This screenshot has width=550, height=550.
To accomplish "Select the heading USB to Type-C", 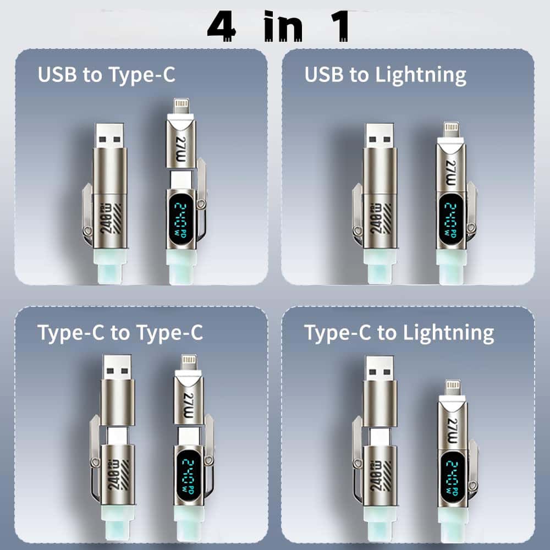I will [106, 75].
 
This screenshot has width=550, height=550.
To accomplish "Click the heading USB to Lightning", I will [386, 75].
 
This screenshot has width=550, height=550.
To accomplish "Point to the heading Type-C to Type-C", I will [120, 333].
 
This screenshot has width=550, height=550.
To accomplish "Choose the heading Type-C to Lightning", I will [399, 333].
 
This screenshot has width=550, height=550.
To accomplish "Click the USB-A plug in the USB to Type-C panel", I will [109, 135].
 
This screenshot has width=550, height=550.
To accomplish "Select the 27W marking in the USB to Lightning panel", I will [451, 166].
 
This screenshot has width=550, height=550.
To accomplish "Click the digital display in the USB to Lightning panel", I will [451, 216].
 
